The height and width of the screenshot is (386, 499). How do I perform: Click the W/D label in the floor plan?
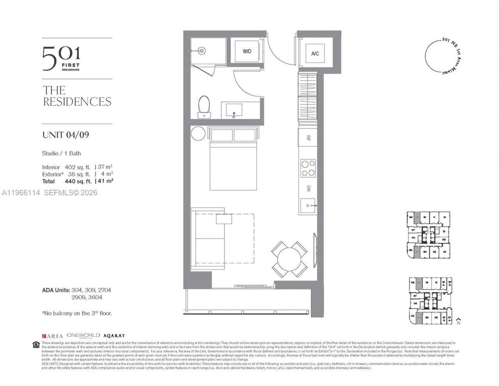247,52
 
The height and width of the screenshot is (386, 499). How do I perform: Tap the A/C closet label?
315,53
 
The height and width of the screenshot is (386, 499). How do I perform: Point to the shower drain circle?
202,51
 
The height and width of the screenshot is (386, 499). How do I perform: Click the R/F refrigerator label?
308,138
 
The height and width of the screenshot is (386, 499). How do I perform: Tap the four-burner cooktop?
308,168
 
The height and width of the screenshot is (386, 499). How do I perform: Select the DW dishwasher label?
308,188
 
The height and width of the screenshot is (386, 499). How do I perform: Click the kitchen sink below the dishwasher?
309,205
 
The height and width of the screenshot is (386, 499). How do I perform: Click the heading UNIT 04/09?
65,135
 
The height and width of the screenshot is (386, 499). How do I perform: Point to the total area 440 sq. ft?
78,181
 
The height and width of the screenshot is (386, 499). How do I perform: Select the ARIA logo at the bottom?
53,336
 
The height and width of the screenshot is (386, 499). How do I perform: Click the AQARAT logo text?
114,336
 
